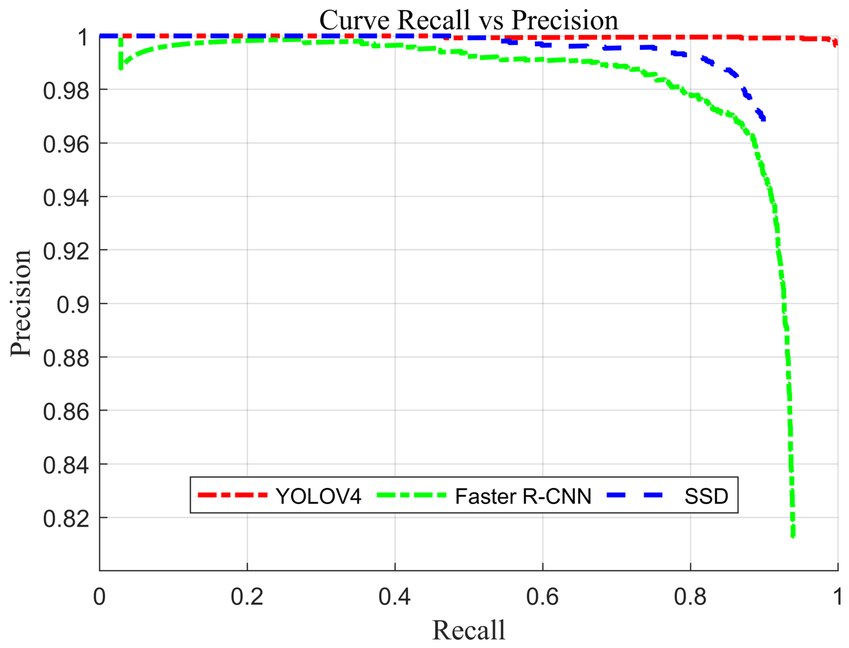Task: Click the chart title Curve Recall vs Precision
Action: click(x=468, y=20)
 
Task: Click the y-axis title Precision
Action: click(x=21, y=303)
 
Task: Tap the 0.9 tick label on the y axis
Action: click(x=73, y=305)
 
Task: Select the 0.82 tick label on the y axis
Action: click(x=66, y=519)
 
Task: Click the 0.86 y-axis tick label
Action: click(x=66, y=412)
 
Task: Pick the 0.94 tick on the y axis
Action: click(x=66, y=198)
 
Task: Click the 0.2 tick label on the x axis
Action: click(x=247, y=597)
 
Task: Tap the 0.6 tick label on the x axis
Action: click(x=542, y=597)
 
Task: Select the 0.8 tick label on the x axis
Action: click(x=690, y=597)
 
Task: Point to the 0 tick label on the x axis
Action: click(x=99, y=597)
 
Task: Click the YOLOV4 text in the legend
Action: click(x=318, y=496)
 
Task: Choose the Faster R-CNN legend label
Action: click(x=523, y=496)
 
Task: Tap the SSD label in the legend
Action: click(x=706, y=496)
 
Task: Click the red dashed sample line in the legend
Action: click(x=232, y=495)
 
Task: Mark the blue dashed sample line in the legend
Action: click(x=634, y=495)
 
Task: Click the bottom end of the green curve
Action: click(x=793, y=535)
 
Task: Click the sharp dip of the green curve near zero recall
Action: click(x=121, y=68)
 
